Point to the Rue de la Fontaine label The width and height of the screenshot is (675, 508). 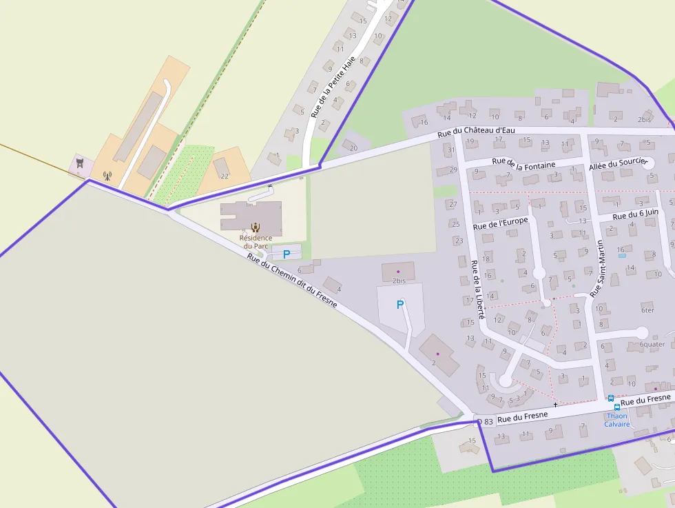pos(523,163)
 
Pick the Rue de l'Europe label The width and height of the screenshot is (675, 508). pos(501,223)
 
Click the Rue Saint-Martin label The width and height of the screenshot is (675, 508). pos(598,269)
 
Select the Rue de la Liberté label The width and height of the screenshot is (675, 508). pos(477,289)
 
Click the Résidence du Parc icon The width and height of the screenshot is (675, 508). pos(256,227)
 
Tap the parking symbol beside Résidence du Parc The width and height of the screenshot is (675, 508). pos(287,254)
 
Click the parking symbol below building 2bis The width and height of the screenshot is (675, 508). pos(399,305)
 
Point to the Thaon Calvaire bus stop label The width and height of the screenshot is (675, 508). pos(616,420)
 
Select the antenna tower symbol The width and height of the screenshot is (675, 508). pos(106,176)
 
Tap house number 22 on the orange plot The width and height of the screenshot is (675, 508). pos(225,176)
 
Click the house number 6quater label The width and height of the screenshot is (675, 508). pos(652,345)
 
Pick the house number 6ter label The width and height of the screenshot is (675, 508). pos(647,310)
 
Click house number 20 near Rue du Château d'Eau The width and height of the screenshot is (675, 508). pos(354,148)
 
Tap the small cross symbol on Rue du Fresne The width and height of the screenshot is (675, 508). pos(555,405)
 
